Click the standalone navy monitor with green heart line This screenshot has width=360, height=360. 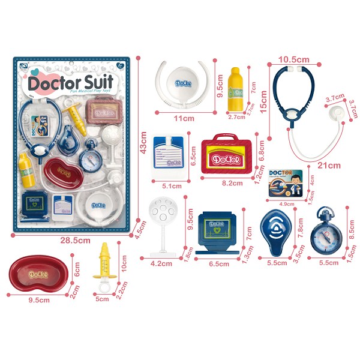pos(220,231)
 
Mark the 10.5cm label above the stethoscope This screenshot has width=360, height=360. pos(294,59)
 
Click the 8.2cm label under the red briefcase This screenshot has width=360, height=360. pos(224,186)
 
